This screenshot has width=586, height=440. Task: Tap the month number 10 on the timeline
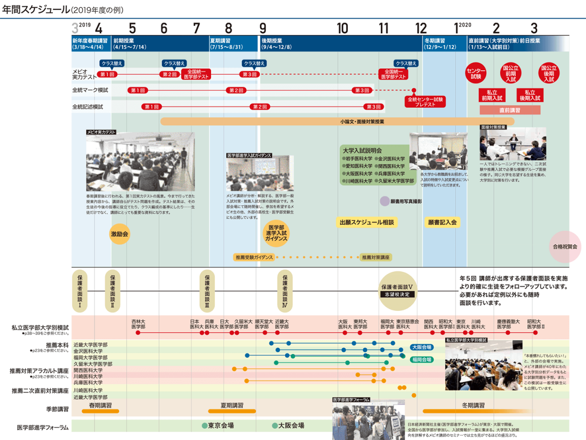(342, 27)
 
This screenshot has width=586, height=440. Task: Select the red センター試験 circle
(476, 72)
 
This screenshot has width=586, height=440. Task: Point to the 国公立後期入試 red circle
(548, 72)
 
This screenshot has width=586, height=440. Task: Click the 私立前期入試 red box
(492, 95)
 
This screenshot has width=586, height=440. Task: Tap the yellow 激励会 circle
(119, 234)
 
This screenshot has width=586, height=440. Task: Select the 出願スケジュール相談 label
(366, 222)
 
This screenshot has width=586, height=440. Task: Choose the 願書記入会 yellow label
(442, 222)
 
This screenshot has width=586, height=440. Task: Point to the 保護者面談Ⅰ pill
(80, 290)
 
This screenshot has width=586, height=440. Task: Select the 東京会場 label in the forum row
(220, 425)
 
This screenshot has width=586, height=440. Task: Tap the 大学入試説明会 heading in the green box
(362, 151)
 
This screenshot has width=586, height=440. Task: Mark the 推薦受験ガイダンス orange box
(253, 257)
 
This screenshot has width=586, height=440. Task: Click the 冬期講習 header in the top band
(435, 41)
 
